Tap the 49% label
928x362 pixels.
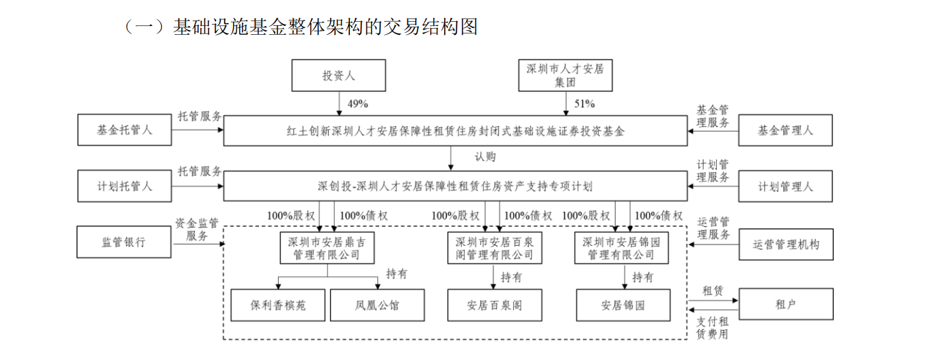click(x=357, y=104)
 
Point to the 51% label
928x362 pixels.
click(x=584, y=104)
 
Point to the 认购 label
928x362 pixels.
click(x=485, y=156)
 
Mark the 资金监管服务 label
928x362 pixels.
click(x=196, y=229)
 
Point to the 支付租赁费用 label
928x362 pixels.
click(x=712, y=328)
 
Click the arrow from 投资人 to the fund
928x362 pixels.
click(x=339, y=104)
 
